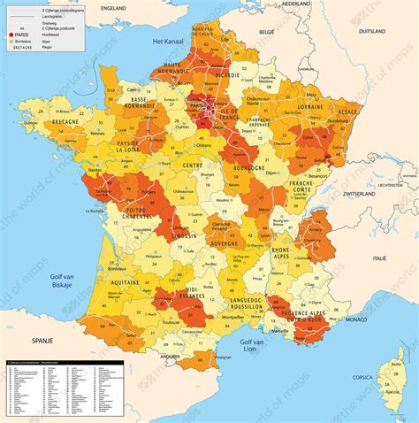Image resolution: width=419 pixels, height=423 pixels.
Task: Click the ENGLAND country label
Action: tap(114, 6)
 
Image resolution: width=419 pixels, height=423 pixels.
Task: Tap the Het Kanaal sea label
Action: tap(167, 42)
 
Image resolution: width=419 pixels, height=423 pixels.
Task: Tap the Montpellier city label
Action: tap(239, 317)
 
